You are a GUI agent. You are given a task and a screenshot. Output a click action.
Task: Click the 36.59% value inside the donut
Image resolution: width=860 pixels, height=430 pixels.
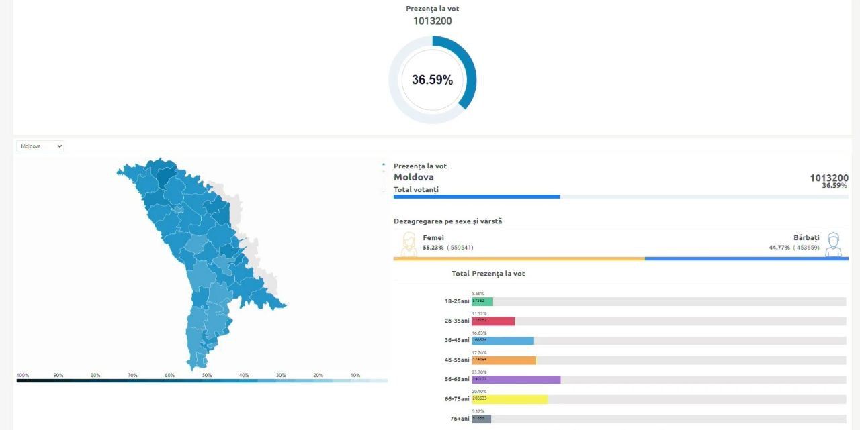432,80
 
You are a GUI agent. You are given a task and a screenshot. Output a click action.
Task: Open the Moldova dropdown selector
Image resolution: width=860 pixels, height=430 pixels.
40,146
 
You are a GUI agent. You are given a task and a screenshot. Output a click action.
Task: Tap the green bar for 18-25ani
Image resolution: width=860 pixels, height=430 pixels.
482,302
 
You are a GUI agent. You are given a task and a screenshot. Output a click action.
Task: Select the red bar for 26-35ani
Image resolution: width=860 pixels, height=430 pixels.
493,321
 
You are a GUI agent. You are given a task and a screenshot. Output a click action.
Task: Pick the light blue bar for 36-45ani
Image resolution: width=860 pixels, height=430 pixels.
503,341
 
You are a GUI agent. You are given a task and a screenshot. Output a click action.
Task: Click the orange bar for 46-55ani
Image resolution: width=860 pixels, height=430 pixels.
504,360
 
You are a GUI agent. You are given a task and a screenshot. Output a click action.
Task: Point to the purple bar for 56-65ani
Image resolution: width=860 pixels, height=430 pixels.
516,380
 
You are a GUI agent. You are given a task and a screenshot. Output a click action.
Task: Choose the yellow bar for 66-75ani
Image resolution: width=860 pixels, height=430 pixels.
509,399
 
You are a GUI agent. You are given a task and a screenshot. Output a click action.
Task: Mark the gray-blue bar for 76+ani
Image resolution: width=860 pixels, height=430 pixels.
481,419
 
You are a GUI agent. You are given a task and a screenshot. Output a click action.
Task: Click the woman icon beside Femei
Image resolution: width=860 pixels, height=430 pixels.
408,244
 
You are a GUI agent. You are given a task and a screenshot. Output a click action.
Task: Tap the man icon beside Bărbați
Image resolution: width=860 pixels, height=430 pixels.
833,244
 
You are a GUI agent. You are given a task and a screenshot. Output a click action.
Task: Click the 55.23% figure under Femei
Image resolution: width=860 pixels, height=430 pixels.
433,248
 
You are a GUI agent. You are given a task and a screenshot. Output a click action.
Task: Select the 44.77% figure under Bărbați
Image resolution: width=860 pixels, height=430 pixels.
779,248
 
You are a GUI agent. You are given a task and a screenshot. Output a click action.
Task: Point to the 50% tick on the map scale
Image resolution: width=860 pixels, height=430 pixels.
207,375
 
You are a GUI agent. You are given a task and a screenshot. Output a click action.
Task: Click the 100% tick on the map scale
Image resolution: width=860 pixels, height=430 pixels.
23,375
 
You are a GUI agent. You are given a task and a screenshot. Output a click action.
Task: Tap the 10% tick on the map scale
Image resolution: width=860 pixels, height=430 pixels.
355,375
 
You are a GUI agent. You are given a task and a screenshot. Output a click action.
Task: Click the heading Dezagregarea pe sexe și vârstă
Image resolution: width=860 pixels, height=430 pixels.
447,221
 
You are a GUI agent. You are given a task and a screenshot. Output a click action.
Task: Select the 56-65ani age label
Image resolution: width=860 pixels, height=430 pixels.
457,380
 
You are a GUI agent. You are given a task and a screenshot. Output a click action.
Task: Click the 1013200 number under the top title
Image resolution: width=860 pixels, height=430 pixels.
432,21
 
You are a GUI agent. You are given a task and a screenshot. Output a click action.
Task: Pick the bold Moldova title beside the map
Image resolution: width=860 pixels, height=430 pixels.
413,178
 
